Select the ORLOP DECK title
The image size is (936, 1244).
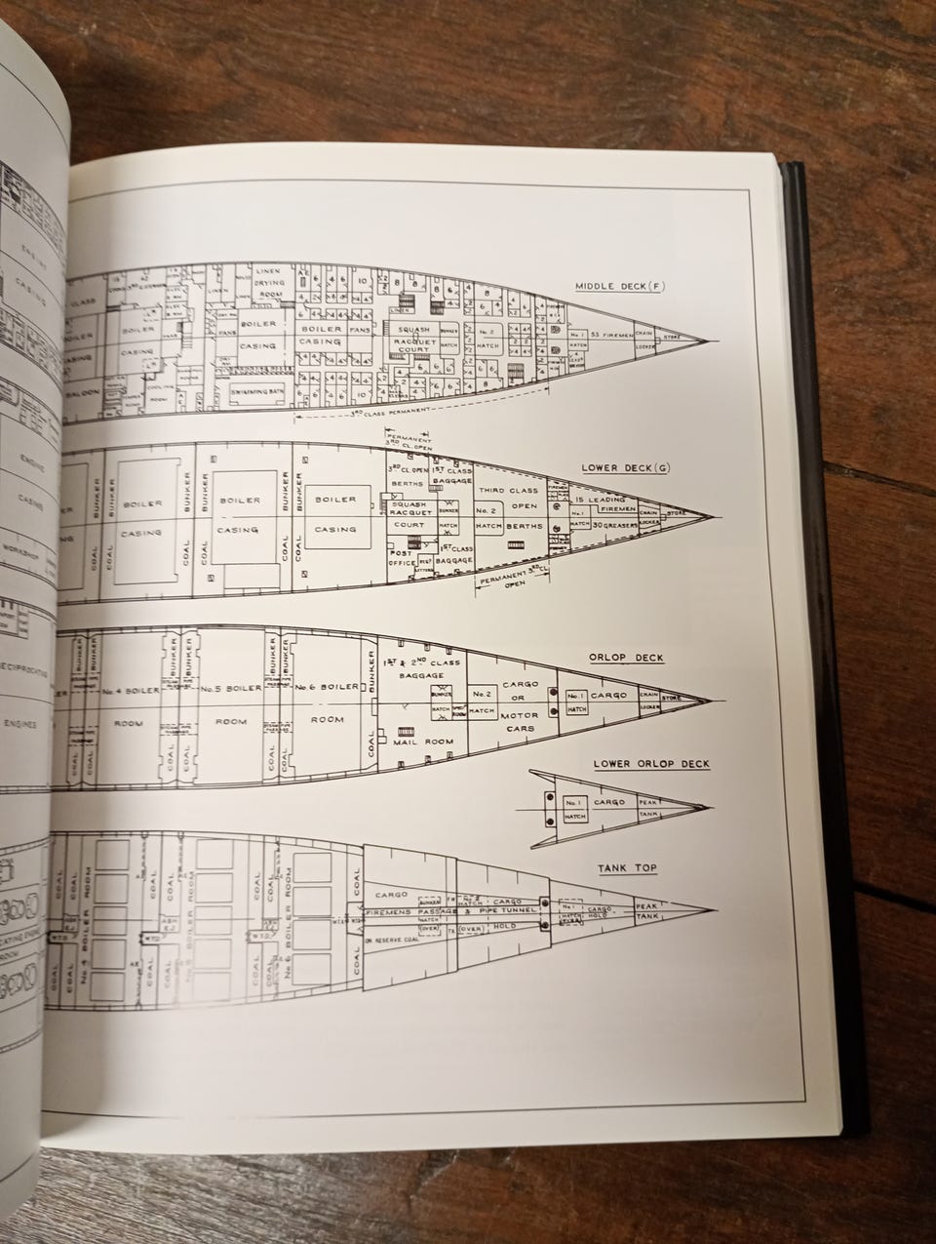626,657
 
